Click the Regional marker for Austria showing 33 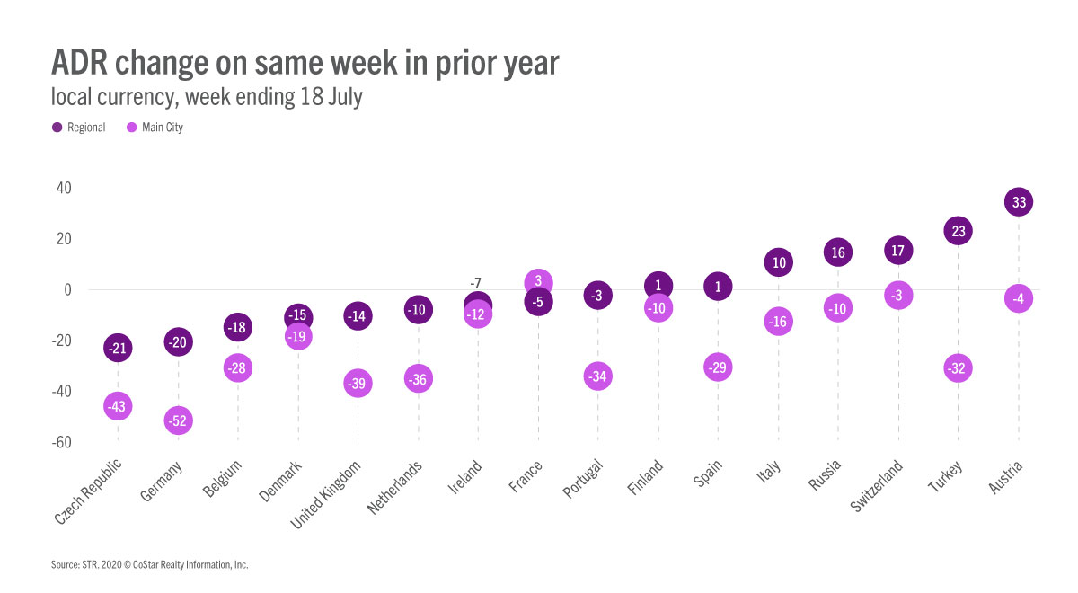click(1018, 202)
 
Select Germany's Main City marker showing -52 click(178, 420)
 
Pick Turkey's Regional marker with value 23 click(958, 231)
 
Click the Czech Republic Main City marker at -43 click(118, 406)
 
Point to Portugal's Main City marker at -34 click(597, 376)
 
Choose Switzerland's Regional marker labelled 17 click(898, 250)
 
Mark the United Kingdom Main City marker click(358, 384)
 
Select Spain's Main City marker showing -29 click(718, 367)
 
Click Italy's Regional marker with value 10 click(778, 262)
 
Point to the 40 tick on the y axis click(63, 188)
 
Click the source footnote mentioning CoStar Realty click(149, 565)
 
